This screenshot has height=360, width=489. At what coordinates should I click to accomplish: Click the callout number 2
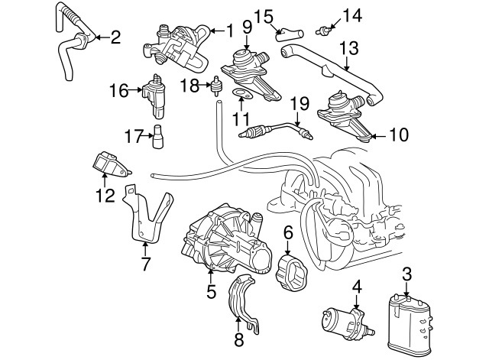(x=115, y=36)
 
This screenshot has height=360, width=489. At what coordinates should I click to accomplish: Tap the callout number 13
(x=348, y=47)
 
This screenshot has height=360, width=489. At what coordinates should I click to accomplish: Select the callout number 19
(x=300, y=102)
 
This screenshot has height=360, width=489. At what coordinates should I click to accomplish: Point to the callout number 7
(x=145, y=264)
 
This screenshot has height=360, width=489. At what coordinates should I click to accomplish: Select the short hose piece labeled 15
(x=288, y=33)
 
